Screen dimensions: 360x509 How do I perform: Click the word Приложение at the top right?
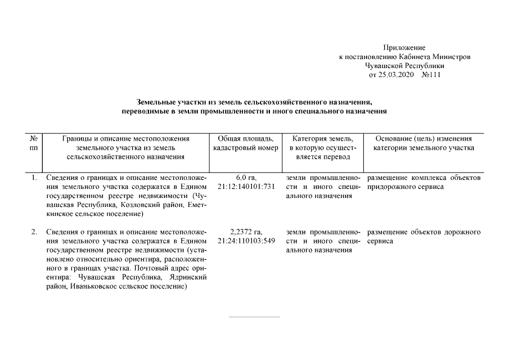pyautogui.click(x=404, y=48)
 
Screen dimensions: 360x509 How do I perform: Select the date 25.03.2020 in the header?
pyautogui.click(x=398, y=75)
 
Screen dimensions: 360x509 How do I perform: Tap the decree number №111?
pyautogui.click(x=431, y=75)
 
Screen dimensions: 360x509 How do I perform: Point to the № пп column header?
pyautogui.click(x=34, y=143)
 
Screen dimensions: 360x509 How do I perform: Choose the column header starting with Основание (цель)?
pyautogui.click(x=424, y=143)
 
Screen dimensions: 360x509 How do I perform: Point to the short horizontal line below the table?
pyautogui.click(x=254, y=317)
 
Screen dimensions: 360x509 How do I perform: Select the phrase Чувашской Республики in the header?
pyautogui.click(x=404, y=66)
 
